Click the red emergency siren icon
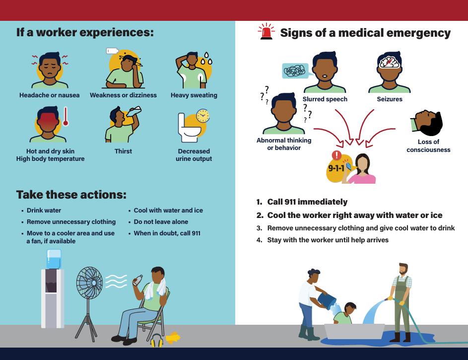tap(266, 32)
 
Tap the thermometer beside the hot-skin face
tap(66, 116)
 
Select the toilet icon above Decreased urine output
tap(189, 128)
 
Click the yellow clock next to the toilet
tap(203, 116)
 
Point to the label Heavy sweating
tap(194, 95)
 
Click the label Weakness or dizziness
tap(123, 95)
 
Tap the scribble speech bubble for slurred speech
tap(295, 71)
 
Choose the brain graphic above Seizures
tap(389, 62)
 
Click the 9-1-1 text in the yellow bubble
tap(336, 168)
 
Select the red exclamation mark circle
tap(336, 155)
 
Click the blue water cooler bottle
tap(54, 259)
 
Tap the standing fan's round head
tap(89, 283)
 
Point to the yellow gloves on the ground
tap(173, 338)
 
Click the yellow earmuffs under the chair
tap(157, 341)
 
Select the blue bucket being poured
tap(327, 301)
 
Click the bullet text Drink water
tap(44, 211)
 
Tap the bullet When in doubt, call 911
tap(167, 233)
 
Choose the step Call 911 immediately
tap(307, 202)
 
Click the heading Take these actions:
tap(71, 195)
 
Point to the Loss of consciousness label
tap(429, 145)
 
